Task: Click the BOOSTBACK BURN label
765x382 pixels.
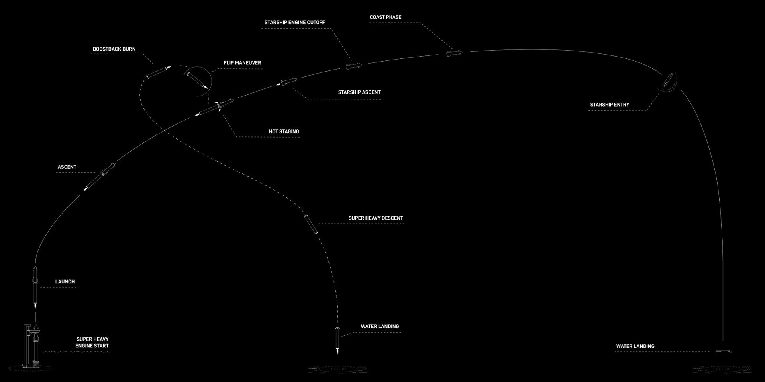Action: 114,49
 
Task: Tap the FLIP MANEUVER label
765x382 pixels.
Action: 242,63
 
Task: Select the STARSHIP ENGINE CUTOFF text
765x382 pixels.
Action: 294,22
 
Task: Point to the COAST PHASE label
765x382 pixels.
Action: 385,17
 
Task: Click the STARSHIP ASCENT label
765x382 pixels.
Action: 359,92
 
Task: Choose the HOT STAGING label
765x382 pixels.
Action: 284,131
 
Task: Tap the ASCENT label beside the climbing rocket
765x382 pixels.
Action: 67,167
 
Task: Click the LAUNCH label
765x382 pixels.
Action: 65,281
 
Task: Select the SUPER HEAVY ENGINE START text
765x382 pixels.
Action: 92,343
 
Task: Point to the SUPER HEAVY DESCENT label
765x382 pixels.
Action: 376,218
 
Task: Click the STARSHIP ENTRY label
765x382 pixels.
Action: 610,105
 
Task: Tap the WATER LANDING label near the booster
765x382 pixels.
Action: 380,326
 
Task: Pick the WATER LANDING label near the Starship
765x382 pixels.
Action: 635,346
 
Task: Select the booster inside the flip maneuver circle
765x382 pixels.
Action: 198,80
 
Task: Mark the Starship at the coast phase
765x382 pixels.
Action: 454,53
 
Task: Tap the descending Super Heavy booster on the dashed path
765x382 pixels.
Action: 311,224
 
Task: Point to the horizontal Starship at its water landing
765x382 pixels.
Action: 724,352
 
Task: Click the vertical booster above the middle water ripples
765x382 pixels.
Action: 337,340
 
